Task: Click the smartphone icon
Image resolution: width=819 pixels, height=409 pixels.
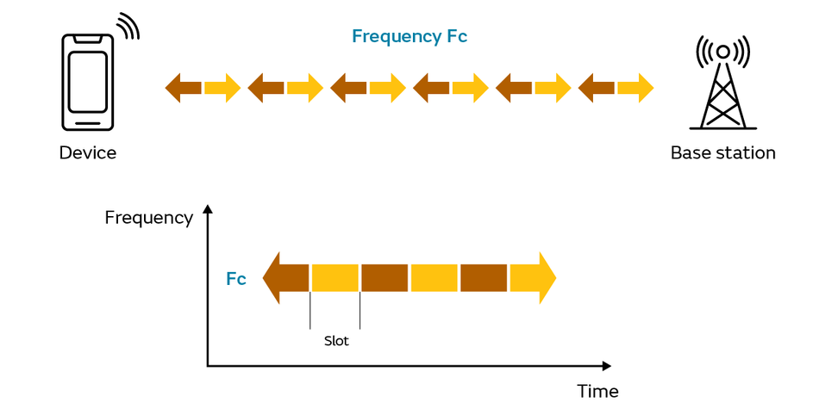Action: (x=87, y=82)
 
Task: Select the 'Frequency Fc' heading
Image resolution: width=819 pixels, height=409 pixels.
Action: (x=409, y=36)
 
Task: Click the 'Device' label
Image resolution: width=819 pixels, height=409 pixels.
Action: (x=87, y=153)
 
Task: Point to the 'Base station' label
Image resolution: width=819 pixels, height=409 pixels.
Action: (x=723, y=153)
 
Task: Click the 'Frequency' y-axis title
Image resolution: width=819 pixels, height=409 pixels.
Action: (x=149, y=218)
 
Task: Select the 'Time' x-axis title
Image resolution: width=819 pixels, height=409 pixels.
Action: (x=597, y=391)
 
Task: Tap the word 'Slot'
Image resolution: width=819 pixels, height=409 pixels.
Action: (x=336, y=341)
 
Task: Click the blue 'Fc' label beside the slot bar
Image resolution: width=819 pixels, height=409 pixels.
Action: (x=236, y=279)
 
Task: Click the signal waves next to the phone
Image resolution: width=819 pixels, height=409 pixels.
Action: (x=128, y=26)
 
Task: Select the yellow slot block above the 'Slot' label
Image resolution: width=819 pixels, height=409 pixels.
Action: (x=334, y=278)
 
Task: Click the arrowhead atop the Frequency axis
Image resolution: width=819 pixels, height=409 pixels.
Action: (x=208, y=209)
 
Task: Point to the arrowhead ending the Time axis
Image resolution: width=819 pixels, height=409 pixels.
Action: (x=606, y=366)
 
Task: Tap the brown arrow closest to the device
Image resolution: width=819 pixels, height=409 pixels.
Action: (x=183, y=88)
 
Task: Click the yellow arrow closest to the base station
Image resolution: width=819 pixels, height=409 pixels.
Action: (x=635, y=88)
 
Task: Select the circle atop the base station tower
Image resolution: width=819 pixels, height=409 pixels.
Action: (x=723, y=52)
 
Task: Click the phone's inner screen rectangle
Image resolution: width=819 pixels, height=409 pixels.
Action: (x=87, y=82)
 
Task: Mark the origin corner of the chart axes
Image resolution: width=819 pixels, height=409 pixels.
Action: (x=208, y=366)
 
